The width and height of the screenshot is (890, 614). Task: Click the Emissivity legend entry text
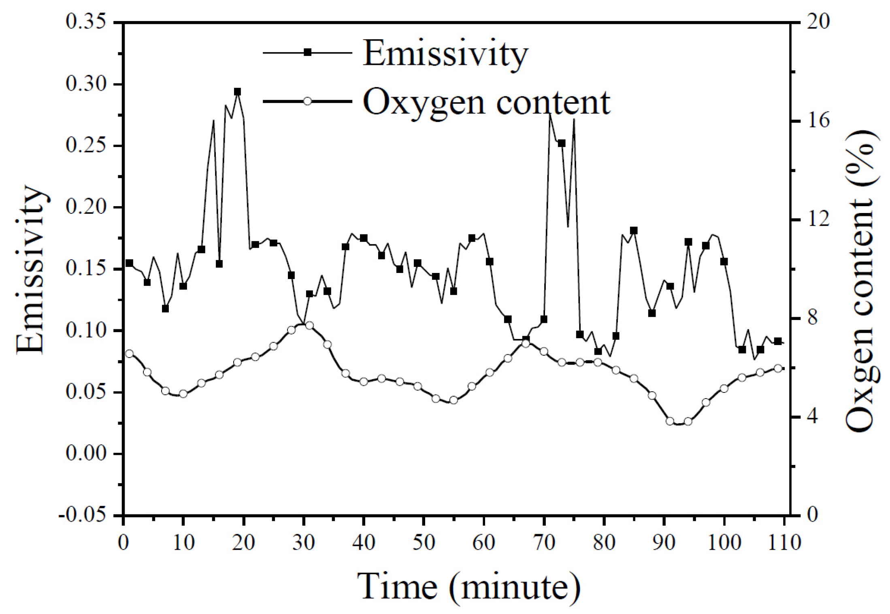coord(445,53)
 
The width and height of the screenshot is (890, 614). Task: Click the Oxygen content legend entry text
coord(486,102)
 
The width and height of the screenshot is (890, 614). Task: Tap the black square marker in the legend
coord(307,52)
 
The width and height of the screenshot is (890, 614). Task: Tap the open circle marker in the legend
coord(307,101)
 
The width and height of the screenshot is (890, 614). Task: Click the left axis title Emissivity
coord(31,270)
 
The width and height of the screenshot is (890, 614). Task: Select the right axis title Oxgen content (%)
coord(862,281)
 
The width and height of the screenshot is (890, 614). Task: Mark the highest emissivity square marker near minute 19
coord(238,92)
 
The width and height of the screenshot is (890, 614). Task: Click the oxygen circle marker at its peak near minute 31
coord(309,325)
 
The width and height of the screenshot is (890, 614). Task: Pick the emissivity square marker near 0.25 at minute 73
coord(562,143)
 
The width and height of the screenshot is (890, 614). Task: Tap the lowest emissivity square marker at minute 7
coord(165,309)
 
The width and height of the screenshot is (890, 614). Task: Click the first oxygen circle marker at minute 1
coord(129,354)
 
